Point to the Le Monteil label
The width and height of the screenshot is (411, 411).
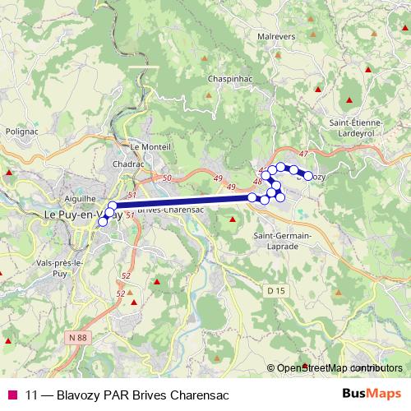(150, 146)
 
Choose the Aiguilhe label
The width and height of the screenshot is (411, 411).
(81, 198)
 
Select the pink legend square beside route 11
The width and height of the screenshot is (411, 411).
(12, 395)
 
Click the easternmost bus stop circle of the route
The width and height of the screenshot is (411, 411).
(308, 176)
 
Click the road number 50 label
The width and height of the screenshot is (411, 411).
(168, 178)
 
